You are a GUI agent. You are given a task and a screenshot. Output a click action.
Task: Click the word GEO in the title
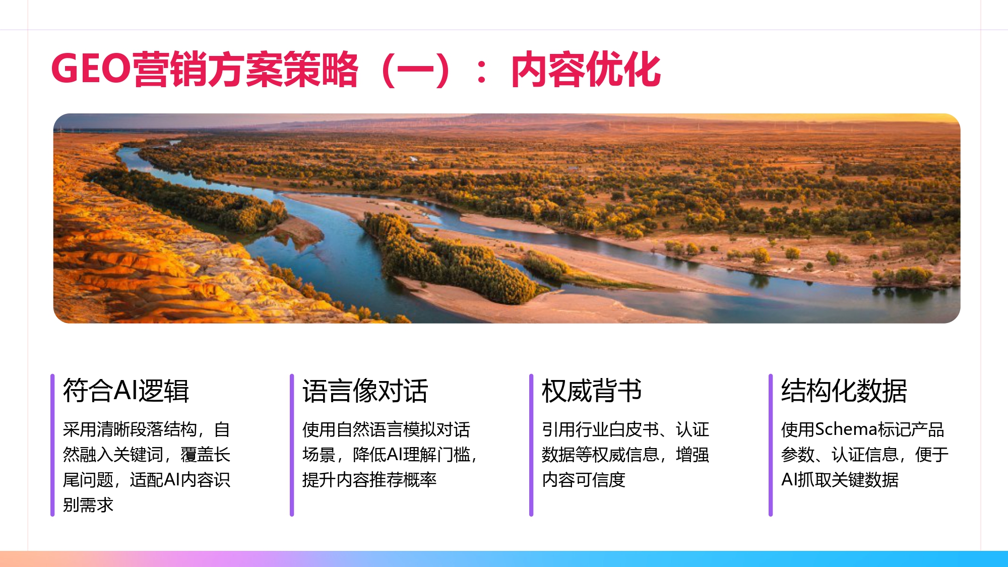pos(91,69)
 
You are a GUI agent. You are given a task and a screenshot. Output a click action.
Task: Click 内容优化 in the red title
pos(586,70)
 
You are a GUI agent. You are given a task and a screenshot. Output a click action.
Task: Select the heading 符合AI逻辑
pos(126,391)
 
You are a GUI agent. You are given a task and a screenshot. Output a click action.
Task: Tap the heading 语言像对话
pos(365,391)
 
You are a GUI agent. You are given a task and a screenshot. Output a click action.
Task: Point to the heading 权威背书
pos(592,391)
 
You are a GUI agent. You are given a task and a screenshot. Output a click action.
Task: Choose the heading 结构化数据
pos(844,391)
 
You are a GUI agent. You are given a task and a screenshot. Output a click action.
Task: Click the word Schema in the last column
pos(846,429)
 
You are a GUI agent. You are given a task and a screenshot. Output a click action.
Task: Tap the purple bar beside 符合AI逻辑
pos(52,445)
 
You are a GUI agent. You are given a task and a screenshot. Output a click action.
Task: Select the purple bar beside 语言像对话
pos(292,445)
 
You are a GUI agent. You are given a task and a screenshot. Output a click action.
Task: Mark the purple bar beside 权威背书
pos(531,445)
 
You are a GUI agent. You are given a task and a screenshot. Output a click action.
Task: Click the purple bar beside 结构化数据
pos(771,445)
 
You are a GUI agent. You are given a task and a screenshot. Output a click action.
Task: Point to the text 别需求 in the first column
pos(88,505)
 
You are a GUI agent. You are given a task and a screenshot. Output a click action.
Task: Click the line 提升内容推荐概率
pos(369,480)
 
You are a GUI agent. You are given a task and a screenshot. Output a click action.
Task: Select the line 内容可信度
pos(583,480)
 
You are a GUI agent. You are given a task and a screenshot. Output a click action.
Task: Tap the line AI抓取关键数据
pos(840,480)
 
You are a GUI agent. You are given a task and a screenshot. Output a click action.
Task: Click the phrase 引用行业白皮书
pos(600,429)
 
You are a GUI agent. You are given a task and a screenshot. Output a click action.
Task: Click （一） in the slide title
pos(416,70)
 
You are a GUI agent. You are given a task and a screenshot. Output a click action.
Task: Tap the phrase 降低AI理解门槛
pos(411,455)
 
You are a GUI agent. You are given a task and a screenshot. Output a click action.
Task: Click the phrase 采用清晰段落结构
pos(130,429)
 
